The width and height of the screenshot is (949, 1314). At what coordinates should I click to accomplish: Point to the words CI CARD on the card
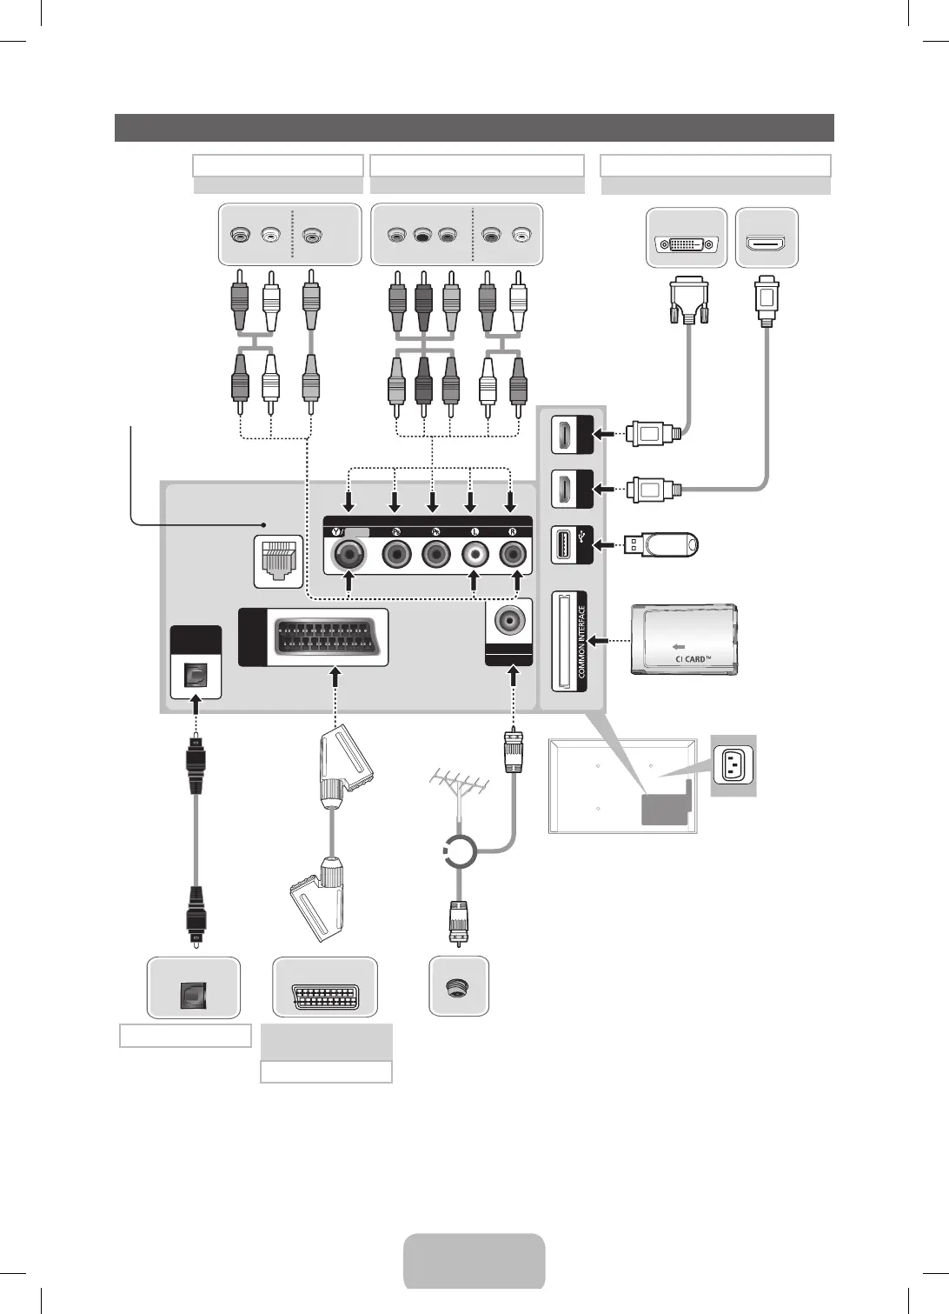[x=693, y=658]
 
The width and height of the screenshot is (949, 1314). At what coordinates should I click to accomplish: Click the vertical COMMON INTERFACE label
[x=582, y=642]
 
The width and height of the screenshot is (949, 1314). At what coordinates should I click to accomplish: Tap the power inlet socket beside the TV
[x=733, y=765]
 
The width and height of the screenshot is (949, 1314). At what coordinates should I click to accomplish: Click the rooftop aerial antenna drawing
[x=458, y=787]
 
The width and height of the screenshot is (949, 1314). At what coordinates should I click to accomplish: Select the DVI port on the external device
[x=686, y=245]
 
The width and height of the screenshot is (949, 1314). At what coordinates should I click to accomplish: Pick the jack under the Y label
[x=349, y=553]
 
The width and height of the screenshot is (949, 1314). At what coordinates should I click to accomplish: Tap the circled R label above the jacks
[x=513, y=531]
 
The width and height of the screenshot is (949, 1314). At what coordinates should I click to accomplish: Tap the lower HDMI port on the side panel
[x=562, y=490]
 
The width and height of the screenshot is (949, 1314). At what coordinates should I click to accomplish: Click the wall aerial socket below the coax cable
[x=458, y=987]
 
